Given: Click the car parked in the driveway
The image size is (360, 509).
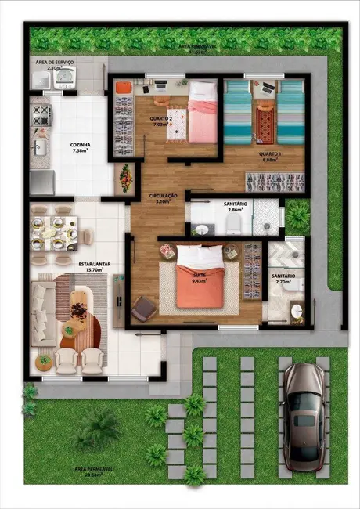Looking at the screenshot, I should click(303, 414).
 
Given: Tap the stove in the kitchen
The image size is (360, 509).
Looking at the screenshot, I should click(40, 116).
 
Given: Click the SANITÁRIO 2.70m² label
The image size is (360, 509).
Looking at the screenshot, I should click(283, 278).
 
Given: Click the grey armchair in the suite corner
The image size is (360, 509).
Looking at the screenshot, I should click(143, 309).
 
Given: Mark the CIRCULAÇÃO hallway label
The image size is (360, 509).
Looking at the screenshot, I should click(163, 196).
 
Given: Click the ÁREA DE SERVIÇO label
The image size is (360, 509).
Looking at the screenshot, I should click(53, 61).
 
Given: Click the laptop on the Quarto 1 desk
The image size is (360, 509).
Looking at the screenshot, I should click(268, 86).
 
